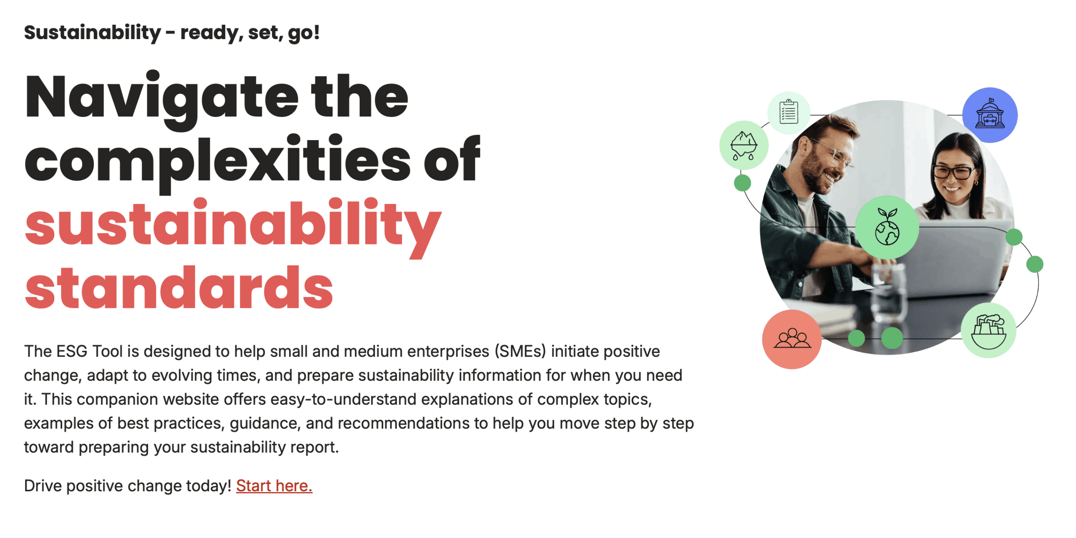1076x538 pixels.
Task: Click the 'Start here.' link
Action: pyautogui.click(x=274, y=486)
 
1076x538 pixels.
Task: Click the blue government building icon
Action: pyautogui.click(x=989, y=115)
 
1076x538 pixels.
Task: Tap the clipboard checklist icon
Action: pyautogui.click(x=789, y=112)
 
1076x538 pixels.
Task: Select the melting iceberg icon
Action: pyautogui.click(x=744, y=145)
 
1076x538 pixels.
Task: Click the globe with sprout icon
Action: pyautogui.click(x=887, y=227)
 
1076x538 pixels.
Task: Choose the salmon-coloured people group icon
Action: pyautogui.click(x=792, y=339)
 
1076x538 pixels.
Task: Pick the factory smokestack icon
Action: pyautogui.click(x=989, y=330)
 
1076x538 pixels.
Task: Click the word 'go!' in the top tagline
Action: pyautogui.click(x=303, y=33)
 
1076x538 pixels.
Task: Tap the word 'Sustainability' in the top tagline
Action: pyautogui.click(x=92, y=33)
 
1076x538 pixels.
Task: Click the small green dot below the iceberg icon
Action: pyautogui.click(x=742, y=183)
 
